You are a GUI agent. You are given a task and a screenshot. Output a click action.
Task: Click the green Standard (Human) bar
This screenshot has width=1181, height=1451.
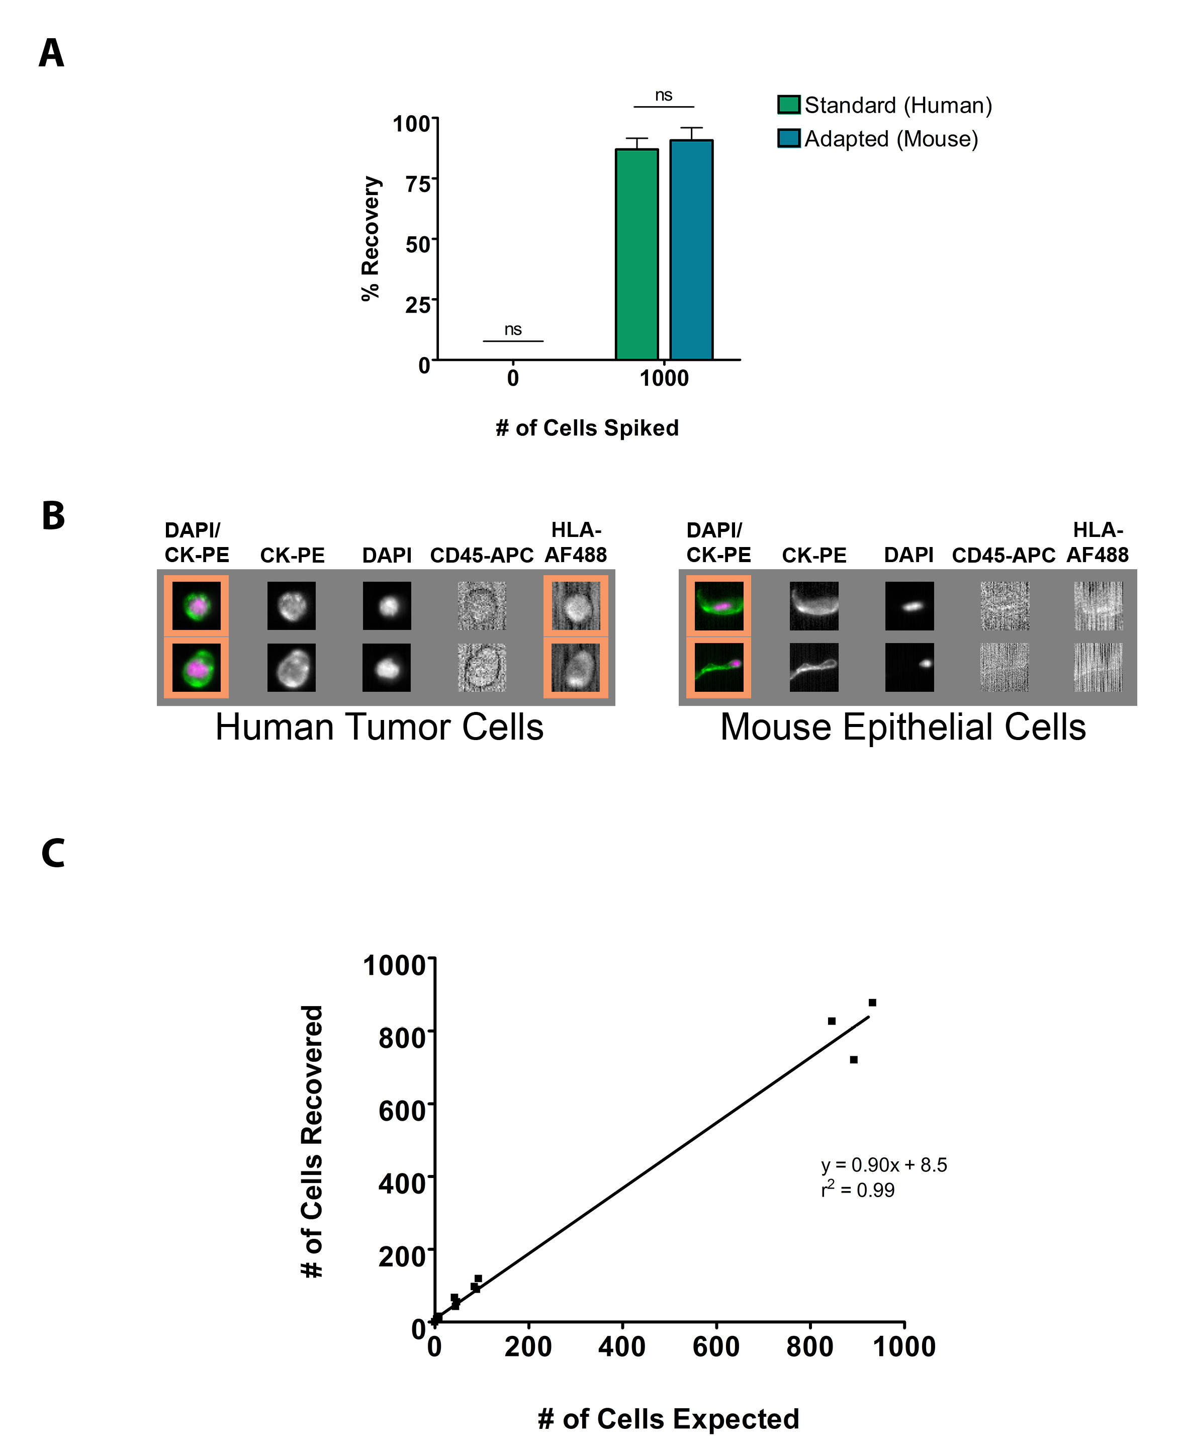click(x=637, y=254)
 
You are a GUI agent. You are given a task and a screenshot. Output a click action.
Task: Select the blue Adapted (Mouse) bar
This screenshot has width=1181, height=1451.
click(x=691, y=250)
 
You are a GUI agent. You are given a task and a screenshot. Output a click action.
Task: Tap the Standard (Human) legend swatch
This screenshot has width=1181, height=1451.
click(x=788, y=105)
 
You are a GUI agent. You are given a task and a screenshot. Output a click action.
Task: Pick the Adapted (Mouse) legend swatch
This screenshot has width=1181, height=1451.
click(x=788, y=138)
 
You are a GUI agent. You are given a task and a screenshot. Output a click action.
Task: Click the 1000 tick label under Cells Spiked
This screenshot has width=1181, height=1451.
click(x=664, y=378)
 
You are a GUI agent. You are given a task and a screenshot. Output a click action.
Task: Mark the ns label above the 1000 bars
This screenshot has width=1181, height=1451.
click(x=663, y=95)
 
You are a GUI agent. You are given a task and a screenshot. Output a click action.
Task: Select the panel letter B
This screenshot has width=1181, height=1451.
click(x=53, y=516)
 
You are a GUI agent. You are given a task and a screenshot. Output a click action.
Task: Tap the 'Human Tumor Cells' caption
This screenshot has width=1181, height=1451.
click(x=379, y=727)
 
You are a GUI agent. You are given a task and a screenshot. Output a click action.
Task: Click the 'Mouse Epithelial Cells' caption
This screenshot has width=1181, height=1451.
click(x=903, y=727)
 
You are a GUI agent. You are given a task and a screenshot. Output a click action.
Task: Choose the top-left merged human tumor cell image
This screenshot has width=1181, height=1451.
click(x=196, y=605)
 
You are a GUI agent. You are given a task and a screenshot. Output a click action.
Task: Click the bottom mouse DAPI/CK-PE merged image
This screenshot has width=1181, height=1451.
click(x=718, y=667)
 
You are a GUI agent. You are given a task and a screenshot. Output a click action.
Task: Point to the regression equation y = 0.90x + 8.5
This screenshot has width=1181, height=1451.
click(x=884, y=1164)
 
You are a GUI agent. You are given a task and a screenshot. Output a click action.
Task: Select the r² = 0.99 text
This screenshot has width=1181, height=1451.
click(x=857, y=1190)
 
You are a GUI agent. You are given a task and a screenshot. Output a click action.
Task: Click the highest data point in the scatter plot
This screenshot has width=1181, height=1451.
click(x=872, y=1003)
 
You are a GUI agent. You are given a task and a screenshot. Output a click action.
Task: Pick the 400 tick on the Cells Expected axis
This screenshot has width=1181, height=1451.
click(x=622, y=1347)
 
